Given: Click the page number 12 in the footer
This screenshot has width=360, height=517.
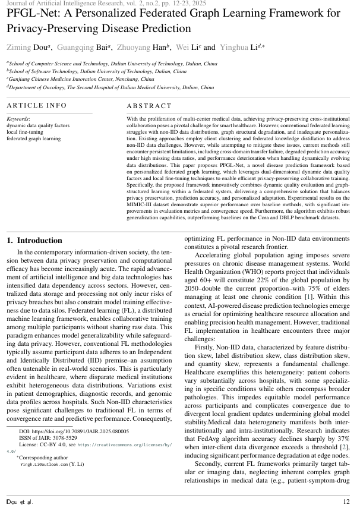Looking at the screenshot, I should coord(346,502).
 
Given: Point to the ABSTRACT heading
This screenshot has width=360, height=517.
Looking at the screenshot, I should coord(149,106).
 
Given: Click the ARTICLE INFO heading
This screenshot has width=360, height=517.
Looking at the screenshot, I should coord(37,106).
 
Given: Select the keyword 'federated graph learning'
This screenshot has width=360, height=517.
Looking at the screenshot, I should coord(33,138).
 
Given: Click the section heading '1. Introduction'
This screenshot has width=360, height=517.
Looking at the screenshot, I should coord(34,240).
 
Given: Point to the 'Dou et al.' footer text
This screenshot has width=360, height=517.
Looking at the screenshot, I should coord(20,502).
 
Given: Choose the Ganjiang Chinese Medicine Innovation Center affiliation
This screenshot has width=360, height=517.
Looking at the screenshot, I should coord(81,78).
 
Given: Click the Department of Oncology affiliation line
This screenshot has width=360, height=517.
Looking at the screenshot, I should coord(111,87).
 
